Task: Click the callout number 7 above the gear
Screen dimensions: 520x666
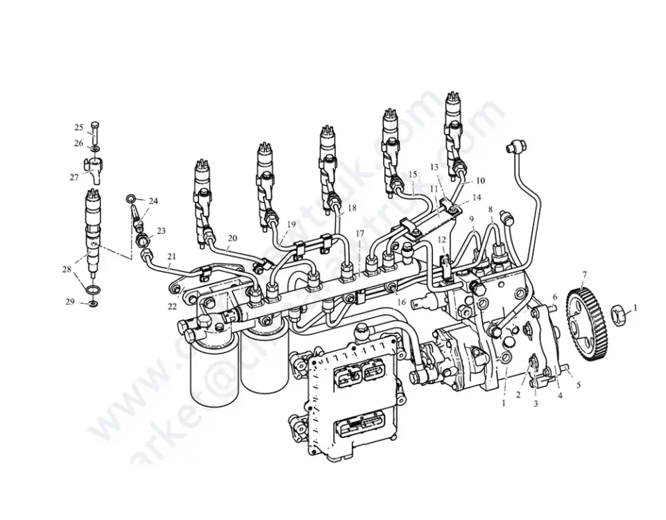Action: pyautogui.click(x=584, y=275)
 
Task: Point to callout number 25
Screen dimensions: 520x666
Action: pyautogui.click(x=79, y=128)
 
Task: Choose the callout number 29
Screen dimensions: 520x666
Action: pyautogui.click(x=70, y=302)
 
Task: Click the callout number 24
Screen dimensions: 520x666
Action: pyautogui.click(x=153, y=201)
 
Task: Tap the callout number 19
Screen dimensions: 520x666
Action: pyautogui.click(x=291, y=224)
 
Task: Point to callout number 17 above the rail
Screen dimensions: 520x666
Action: pyautogui.click(x=359, y=234)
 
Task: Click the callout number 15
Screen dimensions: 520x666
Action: pyautogui.click(x=412, y=174)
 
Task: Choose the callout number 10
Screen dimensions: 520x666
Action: pyautogui.click(x=480, y=180)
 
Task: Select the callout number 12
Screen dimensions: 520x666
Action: pyautogui.click(x=442, y=239)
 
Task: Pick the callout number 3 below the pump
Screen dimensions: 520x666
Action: pyautogui.click(x=535, y=404)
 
